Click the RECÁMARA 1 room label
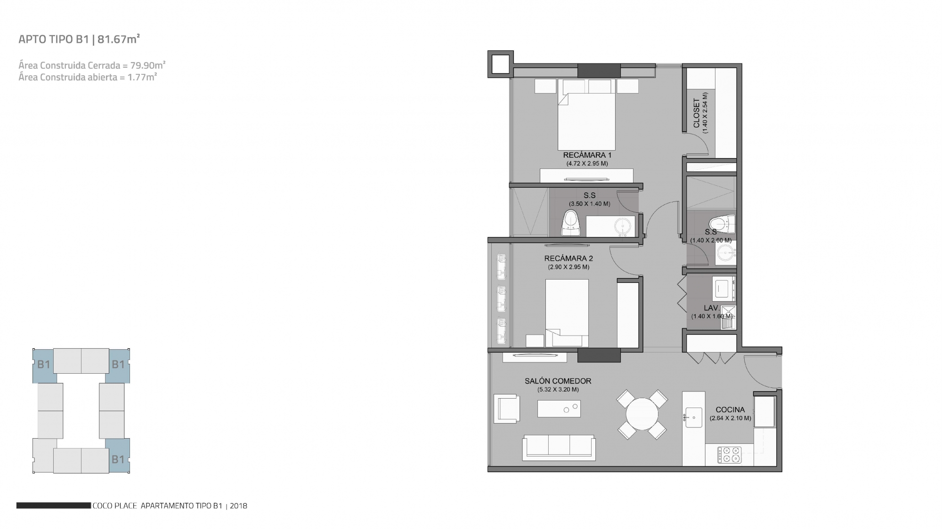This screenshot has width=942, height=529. point(587,155)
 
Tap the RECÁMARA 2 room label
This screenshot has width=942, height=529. point(568,258)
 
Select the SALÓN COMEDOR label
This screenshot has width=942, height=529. point(558,381)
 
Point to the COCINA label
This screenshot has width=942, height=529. point(730,410)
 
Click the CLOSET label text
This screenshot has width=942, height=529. point(697,113)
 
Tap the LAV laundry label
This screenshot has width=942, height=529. point(711,308)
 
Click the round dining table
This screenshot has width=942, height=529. point(642,414)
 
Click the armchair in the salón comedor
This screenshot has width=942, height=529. point(507,408)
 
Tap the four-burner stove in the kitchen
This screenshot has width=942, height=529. point(729,455)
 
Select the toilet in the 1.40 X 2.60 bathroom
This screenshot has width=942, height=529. point(722,224)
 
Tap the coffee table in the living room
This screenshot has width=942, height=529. point(559,409)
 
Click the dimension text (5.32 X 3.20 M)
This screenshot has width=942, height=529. point(558,390)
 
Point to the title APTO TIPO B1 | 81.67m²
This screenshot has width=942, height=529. point(79,39)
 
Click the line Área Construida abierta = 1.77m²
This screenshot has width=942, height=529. point(88,77)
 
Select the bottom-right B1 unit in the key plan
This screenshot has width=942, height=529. point(117,456)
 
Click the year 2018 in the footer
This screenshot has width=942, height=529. point(239,506)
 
